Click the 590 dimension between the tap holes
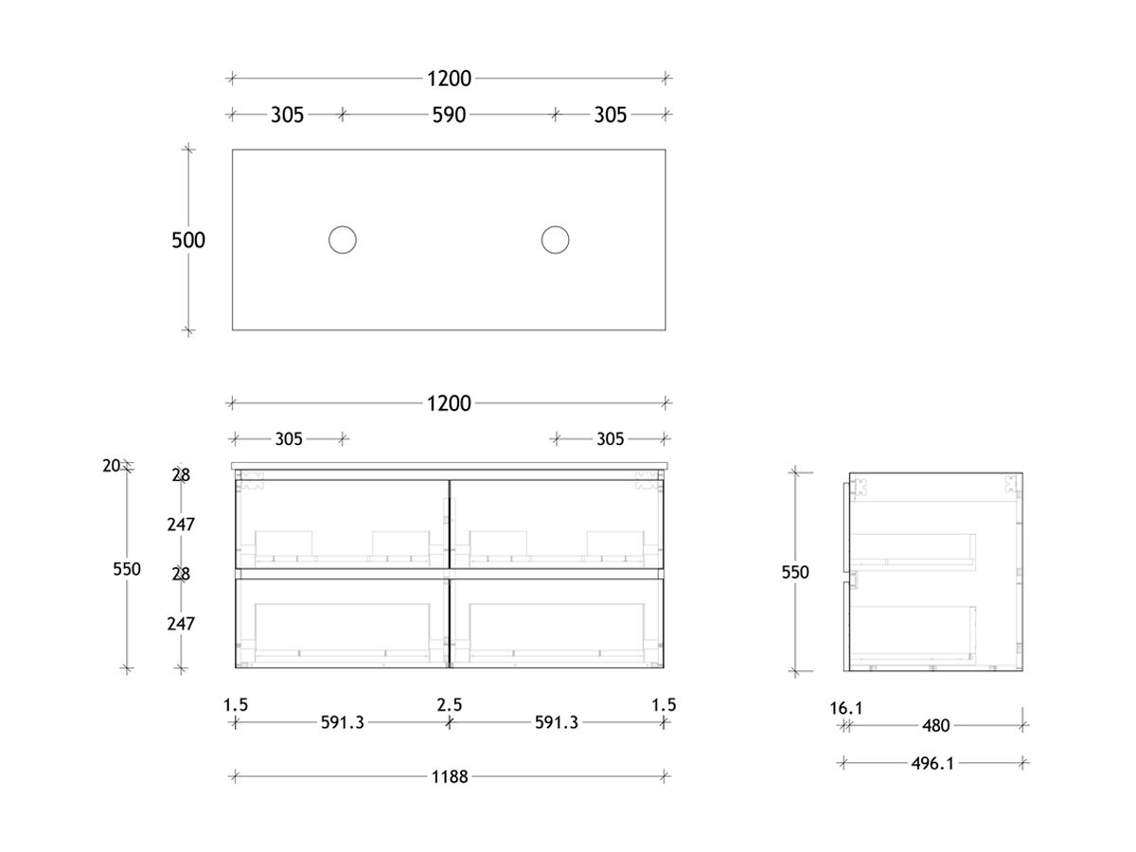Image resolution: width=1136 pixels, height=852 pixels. [449, 115]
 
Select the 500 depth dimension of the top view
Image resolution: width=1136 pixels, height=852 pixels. [188, 240]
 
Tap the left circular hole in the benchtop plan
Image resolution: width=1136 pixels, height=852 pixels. [342, 240]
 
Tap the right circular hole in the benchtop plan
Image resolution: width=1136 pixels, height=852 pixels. [555, 240]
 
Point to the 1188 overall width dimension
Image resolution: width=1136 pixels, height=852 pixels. [449, 777]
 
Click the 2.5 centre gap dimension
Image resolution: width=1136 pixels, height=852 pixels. [450, 704]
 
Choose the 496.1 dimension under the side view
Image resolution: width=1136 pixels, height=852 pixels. [932, 763]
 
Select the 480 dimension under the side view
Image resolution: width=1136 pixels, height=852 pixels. [934, 726]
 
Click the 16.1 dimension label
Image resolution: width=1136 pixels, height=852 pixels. [845, 707]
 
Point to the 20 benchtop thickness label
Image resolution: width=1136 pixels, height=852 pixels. [112, 465]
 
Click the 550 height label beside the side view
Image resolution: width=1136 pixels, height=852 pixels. [795, 572]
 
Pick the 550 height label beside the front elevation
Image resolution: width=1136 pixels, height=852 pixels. [126, 569]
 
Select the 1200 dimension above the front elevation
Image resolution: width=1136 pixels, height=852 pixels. [449, 403]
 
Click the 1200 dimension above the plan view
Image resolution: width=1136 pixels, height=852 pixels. [449, 79]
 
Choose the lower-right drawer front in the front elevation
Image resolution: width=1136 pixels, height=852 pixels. [558, 622]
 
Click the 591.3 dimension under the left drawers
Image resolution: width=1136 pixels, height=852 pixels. [342, 723]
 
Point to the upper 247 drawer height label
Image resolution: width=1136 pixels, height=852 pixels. [180, 524]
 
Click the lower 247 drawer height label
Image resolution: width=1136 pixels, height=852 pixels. [180, 624]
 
